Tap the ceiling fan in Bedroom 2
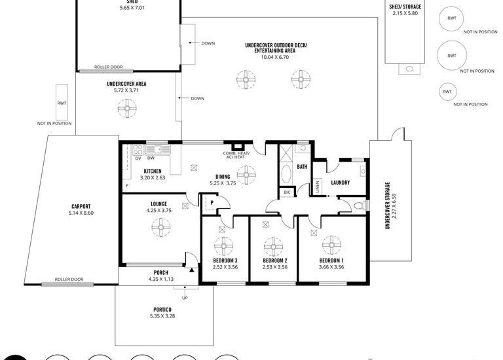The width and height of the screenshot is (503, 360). tap(273, 247)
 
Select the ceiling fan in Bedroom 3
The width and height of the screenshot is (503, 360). tap(223, 247)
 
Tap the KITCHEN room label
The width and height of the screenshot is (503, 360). tap(152, 171)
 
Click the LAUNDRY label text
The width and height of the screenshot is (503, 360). tap(340, 183)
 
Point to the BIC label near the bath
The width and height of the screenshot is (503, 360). tap(287, 192)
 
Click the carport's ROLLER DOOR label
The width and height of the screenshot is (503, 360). tap(69, 279)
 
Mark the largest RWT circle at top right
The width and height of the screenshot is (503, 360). tap(451, 56)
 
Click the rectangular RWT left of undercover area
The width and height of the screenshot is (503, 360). tap(62, 102)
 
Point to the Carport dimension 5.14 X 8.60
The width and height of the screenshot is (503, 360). tap(81, 213)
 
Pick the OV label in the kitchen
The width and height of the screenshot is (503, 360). tap(138, 158)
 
